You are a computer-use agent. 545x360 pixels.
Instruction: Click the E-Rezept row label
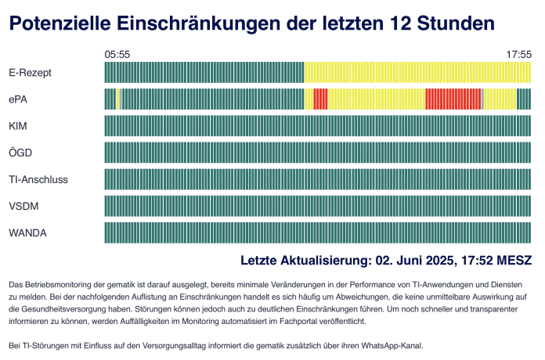[x=30, y=73]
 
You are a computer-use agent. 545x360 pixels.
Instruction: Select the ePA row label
[x=18, y=99]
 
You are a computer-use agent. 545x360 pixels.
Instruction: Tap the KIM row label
[x=17, y=126]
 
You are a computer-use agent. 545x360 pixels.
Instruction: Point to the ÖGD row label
[x=20, y=153]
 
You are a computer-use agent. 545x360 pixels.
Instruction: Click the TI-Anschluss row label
[x=38, y=179]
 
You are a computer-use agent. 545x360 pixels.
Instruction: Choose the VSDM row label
[x=23, y=206]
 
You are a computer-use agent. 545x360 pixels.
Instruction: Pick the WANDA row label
[x=26, y=232]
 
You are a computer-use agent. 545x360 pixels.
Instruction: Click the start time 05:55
[x=117, y=54]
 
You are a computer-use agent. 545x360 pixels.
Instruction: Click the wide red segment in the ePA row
[x=453, y=99]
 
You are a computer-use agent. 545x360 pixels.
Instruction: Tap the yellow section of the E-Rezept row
[x=418, y=73]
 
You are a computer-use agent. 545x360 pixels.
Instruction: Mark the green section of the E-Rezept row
[x=204, y=73]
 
